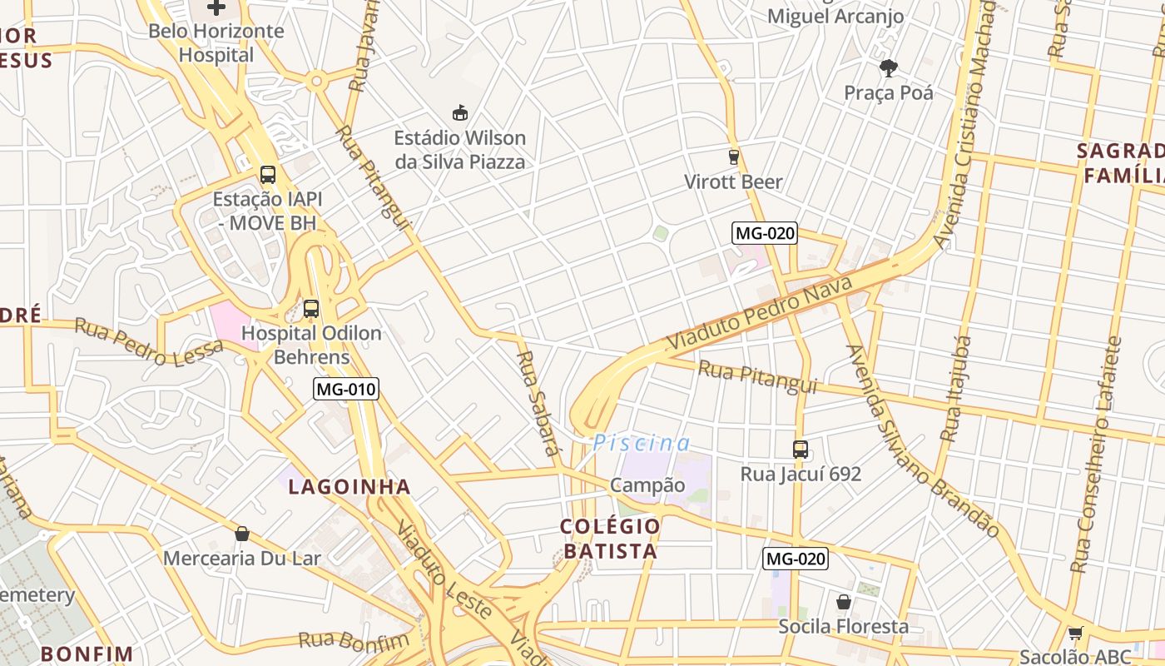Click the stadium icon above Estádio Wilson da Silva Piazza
click(459, 112)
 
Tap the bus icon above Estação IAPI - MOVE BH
click(267, 175)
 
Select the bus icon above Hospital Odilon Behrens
click(311, 309)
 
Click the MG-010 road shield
click(346, 388)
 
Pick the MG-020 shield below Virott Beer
click(765, 233)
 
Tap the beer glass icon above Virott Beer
click(733, 157)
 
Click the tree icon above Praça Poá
click(889, 67)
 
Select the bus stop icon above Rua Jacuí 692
click(801, 450)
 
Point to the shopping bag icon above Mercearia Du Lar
click(242, 534)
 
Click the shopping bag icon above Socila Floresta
click(844, 602)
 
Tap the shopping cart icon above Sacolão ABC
click(1075, 634)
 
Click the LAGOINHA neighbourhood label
click(349, 487)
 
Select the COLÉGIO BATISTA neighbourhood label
click(610, 539)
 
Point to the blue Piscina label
click(642, 444)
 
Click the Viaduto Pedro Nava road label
click(760, 313)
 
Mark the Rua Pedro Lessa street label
click(149, 342)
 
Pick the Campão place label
click(647, 485)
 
